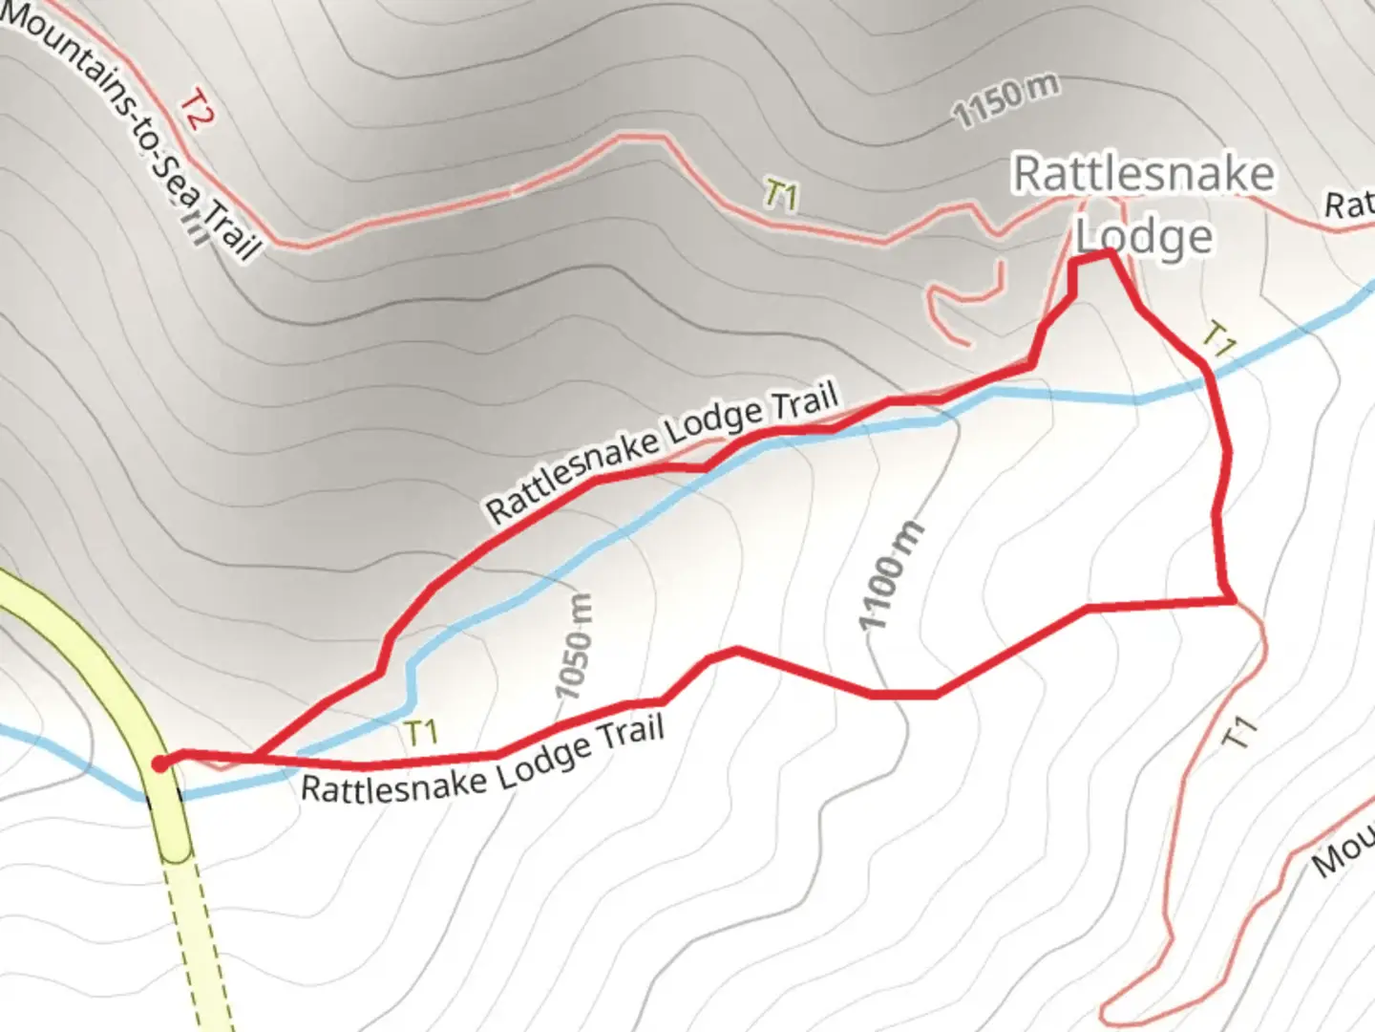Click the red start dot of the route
[160, 763]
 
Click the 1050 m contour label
[574, 646]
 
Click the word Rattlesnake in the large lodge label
[1143, 174]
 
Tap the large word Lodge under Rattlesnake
[1144, 237]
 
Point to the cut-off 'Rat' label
[1348, 204]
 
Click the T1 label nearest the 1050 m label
[420, 733]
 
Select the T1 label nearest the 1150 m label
[780, 195]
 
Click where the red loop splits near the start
[256, 758]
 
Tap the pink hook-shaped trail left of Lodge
[964, 301]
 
